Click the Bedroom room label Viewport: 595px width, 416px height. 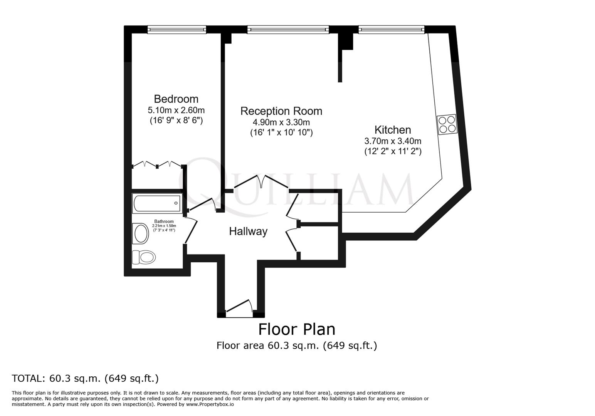point(176,99)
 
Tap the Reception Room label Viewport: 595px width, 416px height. point(281,111)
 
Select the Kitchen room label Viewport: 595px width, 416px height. point(393,130)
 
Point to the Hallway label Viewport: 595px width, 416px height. point(248,231)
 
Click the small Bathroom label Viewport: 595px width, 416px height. point(164,221)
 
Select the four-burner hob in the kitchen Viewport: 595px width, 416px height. point(447,124)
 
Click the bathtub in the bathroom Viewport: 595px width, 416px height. point(156,203)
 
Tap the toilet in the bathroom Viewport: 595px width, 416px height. point(143,257)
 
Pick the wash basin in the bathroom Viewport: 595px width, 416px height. point(141,233)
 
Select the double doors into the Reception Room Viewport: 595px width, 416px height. point(261,182)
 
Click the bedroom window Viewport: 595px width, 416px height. point(177,29)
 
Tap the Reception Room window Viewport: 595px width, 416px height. point(288,29)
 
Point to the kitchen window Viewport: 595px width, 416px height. point(391,29)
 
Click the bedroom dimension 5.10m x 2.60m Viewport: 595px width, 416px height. point(176,110)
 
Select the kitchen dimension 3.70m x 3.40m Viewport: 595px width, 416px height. point(393,141)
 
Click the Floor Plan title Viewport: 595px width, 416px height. point(296,330)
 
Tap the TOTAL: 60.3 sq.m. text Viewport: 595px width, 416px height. point(85,379)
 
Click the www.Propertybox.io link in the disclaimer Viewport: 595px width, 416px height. point(210,404)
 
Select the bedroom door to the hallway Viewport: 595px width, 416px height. point(202,205)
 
